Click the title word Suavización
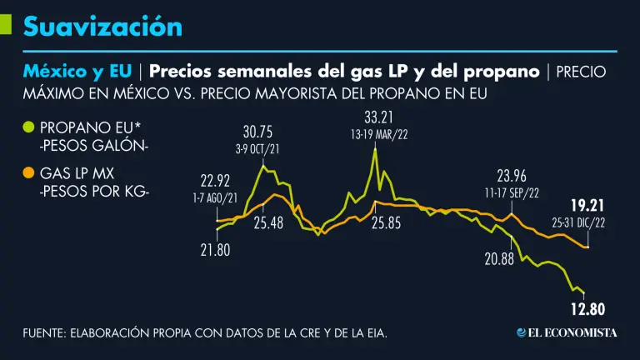click(102, 27)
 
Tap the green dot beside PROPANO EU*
click(28, 127)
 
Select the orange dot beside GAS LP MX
click(28, 173)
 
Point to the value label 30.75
click(257, 132)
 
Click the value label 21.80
click(214, 248)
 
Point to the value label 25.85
click(386, 222)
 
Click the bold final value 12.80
click(587, 310)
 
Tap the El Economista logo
click(567, 332)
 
